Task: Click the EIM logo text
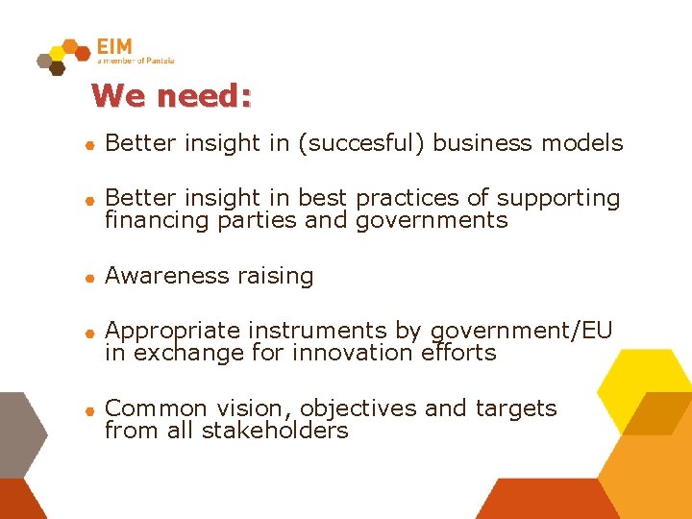pos(114,46)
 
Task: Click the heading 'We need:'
pos(171,96)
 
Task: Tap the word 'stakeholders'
pos(275,431)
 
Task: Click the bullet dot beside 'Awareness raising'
pos(87,278)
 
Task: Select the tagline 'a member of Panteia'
pos(136,62)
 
